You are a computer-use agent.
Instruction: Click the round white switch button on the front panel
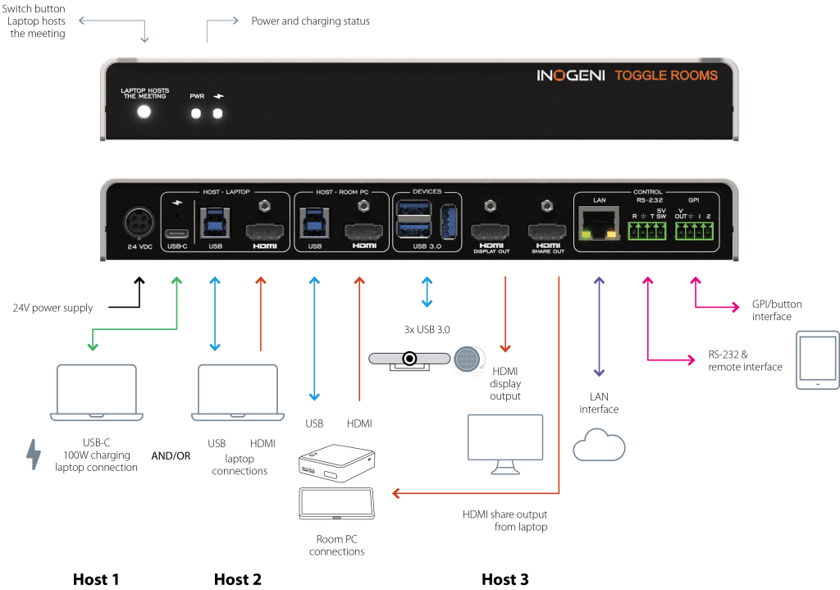(144, 112)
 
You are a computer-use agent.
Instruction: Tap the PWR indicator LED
(196, 112)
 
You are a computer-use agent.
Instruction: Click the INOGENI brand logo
(570, 75)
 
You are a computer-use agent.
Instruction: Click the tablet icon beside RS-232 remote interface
(816, 358)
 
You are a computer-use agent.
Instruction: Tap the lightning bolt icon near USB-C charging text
(34, 454)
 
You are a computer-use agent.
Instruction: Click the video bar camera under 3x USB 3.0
(409, 358)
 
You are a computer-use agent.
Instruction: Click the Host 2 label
(238, 579)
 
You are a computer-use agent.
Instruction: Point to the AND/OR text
(171, 456)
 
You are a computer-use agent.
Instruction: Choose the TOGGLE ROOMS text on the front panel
(666, 75)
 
